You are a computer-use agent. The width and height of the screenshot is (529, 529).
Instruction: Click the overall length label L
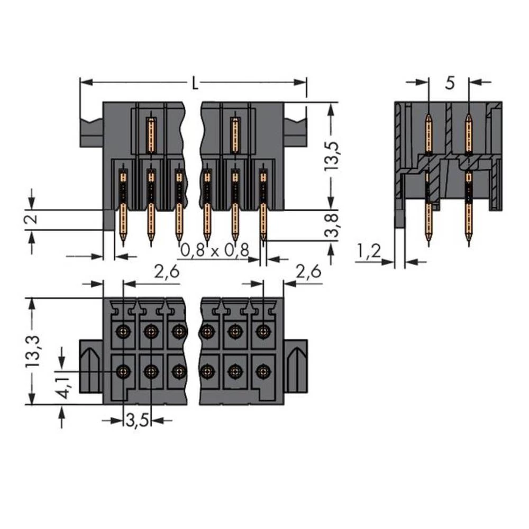(195, 83)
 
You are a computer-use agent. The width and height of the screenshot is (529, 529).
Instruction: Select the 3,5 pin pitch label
(138, 421)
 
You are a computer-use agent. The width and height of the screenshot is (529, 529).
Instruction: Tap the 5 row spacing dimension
(449, 83)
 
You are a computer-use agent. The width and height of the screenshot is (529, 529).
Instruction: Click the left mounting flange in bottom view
(90, 366)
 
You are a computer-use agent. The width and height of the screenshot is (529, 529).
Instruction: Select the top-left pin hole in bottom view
(124, 332)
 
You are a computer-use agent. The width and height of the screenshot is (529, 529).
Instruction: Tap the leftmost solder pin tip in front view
(123, 241)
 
